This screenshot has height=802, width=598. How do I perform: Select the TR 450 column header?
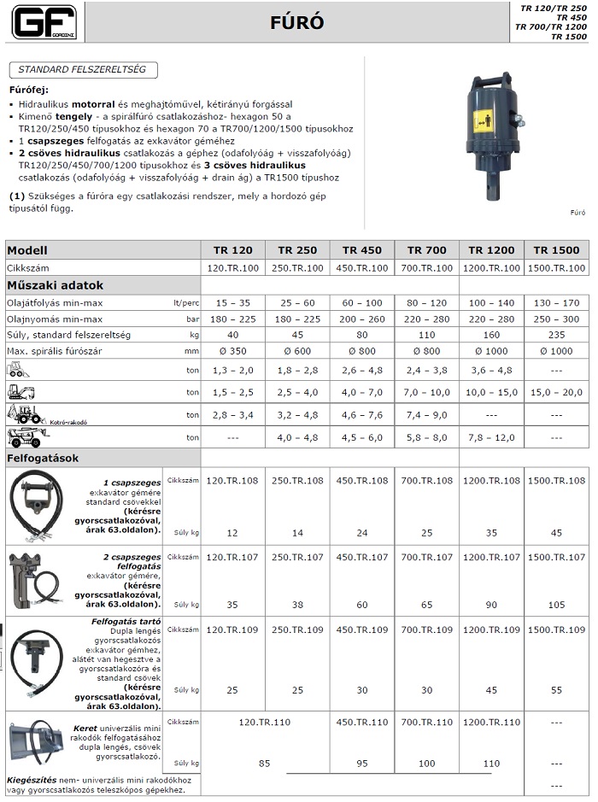click(361, 250)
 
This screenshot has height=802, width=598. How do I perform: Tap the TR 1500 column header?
click(556, 250)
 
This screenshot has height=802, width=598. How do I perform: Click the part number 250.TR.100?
click(297, 268)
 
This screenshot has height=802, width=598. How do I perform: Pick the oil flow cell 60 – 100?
click(361, 302)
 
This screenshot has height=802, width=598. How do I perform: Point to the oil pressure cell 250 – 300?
click(556, 319)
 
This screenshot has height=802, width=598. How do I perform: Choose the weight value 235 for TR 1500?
click(556, 336)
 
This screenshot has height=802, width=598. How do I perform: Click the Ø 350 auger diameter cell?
click(232, 352)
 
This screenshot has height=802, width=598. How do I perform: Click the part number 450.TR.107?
click(361, 557)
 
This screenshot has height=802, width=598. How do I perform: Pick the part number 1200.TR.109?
click(491, 629)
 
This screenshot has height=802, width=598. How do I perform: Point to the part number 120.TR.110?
click(265, 722)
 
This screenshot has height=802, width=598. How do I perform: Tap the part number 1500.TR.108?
click(556, 480)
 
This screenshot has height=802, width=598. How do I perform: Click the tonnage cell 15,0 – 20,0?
click(556, 392)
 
